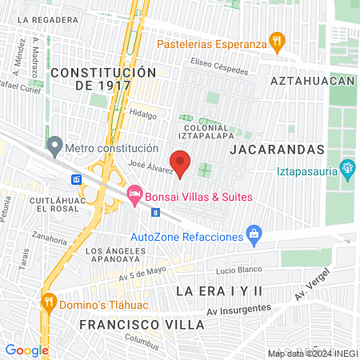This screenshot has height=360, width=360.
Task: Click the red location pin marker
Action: tap(181, 162)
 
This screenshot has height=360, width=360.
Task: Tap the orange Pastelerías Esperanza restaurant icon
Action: tap(278, 42)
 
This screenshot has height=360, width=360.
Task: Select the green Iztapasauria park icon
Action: tap(347, 169)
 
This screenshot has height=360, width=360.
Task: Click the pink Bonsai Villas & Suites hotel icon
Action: tap(134, 194)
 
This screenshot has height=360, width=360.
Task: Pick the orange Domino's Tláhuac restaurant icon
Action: tap(49, 302)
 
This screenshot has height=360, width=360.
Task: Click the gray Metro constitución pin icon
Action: tap(54, 146)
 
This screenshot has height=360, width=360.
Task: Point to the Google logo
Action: tap(26, 350)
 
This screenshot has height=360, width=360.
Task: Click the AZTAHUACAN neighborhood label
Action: tap(312, 82)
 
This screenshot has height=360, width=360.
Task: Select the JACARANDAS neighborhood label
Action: tap(276, 150)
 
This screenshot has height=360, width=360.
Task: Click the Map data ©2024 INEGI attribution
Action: tap(312, 353)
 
